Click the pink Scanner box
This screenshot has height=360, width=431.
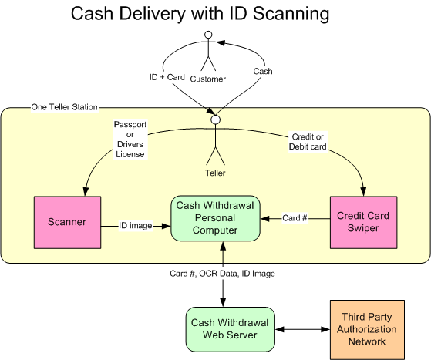tap(67, 222)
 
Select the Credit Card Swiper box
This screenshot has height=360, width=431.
tap(363, 222)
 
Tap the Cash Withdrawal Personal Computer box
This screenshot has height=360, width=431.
tap(215, 218)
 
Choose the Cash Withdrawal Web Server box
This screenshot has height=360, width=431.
tap(230, 329)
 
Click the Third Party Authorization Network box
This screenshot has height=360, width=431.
tap(367, 329)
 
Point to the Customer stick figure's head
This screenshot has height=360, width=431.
tap(209, 35)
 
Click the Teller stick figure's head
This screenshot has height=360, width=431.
tap(216, 119)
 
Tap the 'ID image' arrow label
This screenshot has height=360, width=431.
tap(136, 226)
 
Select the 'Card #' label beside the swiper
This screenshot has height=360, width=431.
tap(295, 218)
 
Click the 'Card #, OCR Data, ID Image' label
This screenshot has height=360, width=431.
tap(222, 274)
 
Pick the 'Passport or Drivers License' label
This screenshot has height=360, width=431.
tap(130, 140)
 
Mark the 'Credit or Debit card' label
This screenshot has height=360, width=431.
tap(308, 142)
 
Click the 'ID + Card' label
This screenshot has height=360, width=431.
tap(167, 77)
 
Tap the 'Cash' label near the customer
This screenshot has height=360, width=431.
tap(263, 72)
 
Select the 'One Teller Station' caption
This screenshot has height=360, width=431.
tap(64, 107)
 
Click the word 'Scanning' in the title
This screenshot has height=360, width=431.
tap(291, 14)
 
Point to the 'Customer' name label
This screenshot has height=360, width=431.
tap(208, 79)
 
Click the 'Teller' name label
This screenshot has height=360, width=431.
tap(215, 173)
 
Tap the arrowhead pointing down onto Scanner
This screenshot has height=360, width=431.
tap(86, 191)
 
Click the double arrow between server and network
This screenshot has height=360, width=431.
tap(302, 329)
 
